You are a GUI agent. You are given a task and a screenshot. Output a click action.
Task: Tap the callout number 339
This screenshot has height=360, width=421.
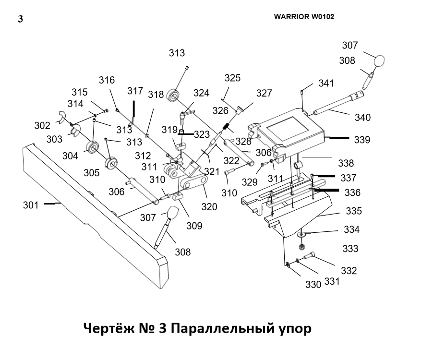[362, 140]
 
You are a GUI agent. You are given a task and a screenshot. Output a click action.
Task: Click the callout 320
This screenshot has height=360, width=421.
[209, 207]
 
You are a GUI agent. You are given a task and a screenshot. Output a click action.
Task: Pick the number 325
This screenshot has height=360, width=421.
[232, 78]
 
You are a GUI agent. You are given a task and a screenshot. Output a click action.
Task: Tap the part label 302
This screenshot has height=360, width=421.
[42, 126]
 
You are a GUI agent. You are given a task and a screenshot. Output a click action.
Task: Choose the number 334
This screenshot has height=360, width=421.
[351, 230]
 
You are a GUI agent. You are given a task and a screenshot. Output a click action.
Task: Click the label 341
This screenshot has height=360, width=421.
[326, 84]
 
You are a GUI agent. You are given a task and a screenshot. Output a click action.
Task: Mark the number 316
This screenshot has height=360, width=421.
[107, 80]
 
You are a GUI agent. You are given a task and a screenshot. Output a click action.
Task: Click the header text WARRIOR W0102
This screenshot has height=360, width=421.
[304, 16]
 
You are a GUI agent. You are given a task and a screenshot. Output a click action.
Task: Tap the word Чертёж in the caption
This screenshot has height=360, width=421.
[107, 329]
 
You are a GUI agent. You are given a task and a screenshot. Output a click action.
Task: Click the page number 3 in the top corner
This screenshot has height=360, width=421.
[20, 19]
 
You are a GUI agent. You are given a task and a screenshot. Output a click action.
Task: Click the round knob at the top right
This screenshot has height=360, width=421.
[379, 61]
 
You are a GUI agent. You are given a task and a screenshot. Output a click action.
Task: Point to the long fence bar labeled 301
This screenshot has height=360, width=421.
[91, 216]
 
